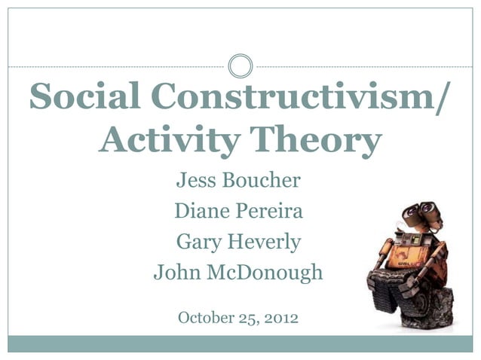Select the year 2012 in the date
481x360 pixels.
[x=281, y=318]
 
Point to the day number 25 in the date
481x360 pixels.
[x=250, y=318]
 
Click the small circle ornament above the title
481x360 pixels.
[x=240, y=66]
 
